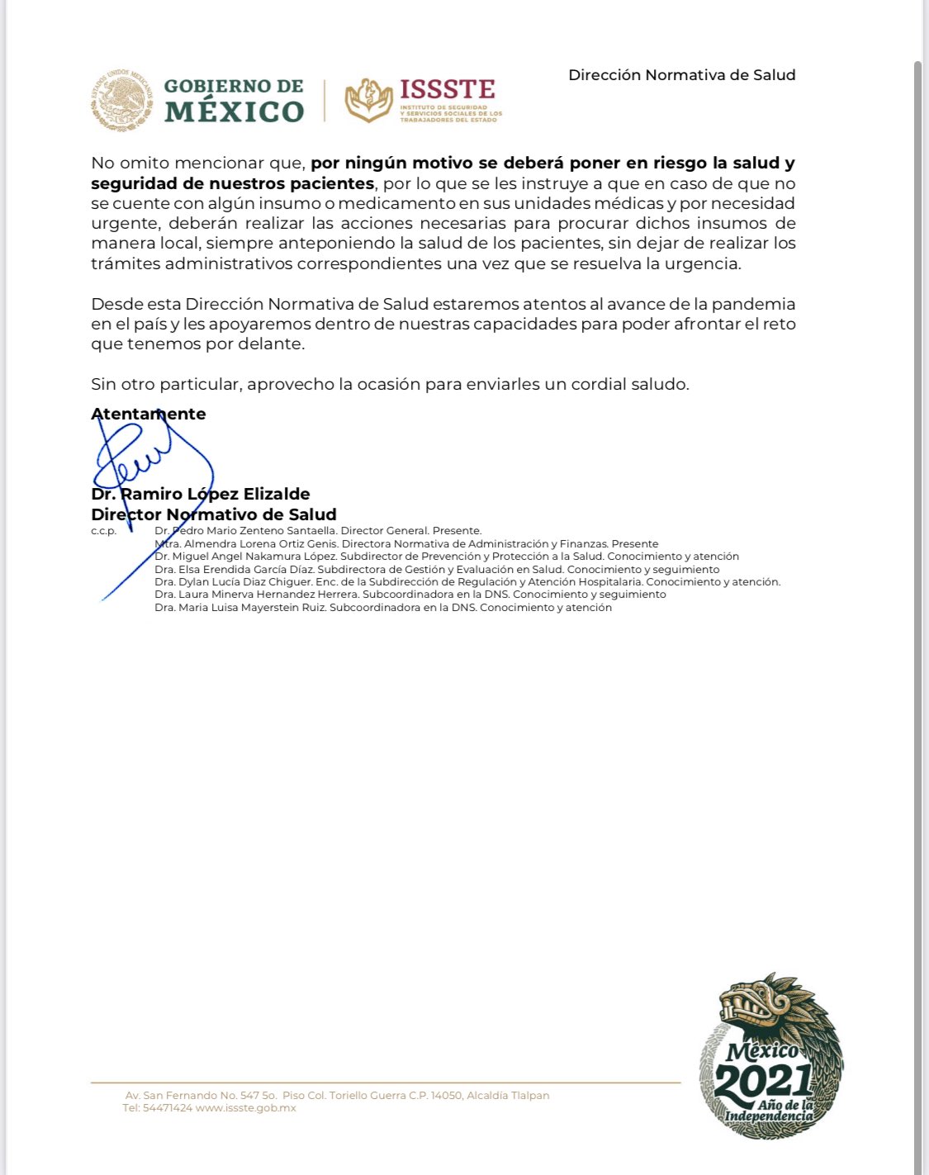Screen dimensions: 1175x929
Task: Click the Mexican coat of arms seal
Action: [121, 100]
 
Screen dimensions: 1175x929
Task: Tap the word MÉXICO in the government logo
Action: [235, 111]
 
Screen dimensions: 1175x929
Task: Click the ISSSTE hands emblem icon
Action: [368, 100]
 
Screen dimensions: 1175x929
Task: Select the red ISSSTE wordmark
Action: [448, 89]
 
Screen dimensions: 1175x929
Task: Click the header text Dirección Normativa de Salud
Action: [681, 75]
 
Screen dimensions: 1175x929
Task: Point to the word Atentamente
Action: [149, 414]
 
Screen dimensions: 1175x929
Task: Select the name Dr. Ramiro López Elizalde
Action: [201, 494]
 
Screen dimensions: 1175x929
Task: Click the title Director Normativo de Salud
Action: [214, 514]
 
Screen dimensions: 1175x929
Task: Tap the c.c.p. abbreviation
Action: [104, 531]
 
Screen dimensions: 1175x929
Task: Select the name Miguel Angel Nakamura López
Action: [254, 557]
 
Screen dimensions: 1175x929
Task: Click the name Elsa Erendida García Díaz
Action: [246, 570]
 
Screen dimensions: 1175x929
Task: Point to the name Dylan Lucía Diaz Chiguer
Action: [245, 582]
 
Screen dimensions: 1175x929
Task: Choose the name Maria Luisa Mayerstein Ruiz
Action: [253, 608]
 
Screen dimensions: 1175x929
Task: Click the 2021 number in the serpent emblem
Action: [764, 1080]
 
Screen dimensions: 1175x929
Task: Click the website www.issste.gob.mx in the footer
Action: [246, 1108]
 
